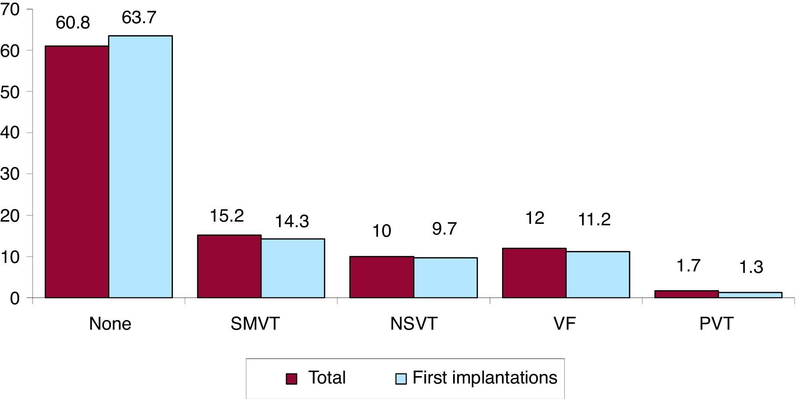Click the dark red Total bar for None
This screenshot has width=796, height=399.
(77, 172)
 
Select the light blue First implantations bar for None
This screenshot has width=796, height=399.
(140, 167)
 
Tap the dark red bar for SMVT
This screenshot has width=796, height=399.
(229, 266)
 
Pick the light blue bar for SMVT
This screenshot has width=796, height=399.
(293, 268)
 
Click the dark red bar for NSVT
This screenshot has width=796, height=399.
(382, 277)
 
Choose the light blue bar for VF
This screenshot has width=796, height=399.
(598, 274)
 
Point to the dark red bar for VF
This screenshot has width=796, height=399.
(534, 273)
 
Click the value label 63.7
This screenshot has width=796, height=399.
(139, 17)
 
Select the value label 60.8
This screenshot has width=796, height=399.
(73, 23)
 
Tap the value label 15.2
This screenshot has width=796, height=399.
(226, 216)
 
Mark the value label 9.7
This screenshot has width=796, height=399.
(444, 229)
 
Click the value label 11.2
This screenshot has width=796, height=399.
(594, 220)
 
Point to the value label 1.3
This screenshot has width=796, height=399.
(751, 267)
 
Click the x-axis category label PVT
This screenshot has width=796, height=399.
(716, 324)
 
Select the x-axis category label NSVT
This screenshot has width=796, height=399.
(413, 324)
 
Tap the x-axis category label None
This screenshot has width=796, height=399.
(110, 324)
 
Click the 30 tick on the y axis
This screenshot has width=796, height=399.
(10, 174)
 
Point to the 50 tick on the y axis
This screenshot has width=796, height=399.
(10, 92)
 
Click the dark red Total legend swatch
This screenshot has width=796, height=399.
(291, 379)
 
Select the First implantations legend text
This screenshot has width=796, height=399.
(484, 378)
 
